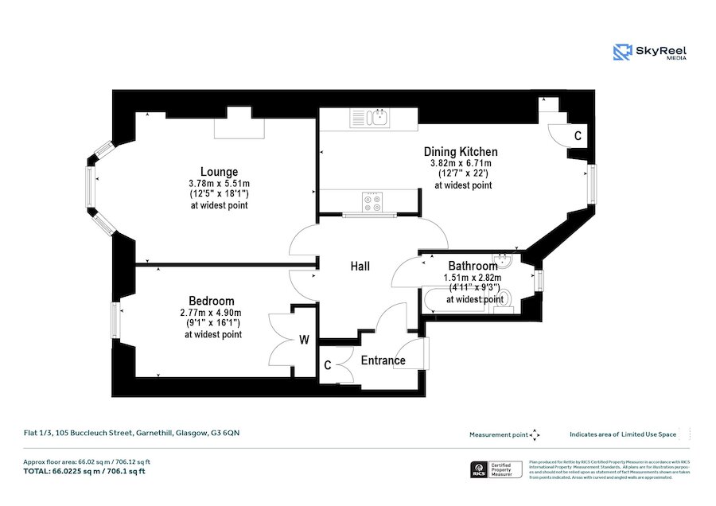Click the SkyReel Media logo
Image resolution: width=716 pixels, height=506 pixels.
click(650, 53)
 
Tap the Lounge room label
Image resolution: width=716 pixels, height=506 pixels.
click(219, 171)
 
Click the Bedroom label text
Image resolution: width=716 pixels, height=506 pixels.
click(212, 301)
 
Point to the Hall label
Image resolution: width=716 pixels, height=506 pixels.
click(360, 267)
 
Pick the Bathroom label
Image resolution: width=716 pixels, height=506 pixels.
click(473, 266)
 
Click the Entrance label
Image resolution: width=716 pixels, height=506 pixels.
click(383, 360)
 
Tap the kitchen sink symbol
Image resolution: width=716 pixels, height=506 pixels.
click(372, 119)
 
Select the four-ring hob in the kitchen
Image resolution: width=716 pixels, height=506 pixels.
click(372, 202)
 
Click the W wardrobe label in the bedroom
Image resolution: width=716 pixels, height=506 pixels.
click(304, 341)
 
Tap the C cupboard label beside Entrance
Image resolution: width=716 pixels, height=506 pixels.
click(328, 366)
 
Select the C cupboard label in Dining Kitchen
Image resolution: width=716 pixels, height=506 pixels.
click(578, 136)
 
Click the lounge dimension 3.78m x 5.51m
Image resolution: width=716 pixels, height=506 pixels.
click(219, 182)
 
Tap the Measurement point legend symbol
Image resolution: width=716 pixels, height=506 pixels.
click(535, 434)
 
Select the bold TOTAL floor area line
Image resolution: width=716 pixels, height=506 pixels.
click(84, 471)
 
